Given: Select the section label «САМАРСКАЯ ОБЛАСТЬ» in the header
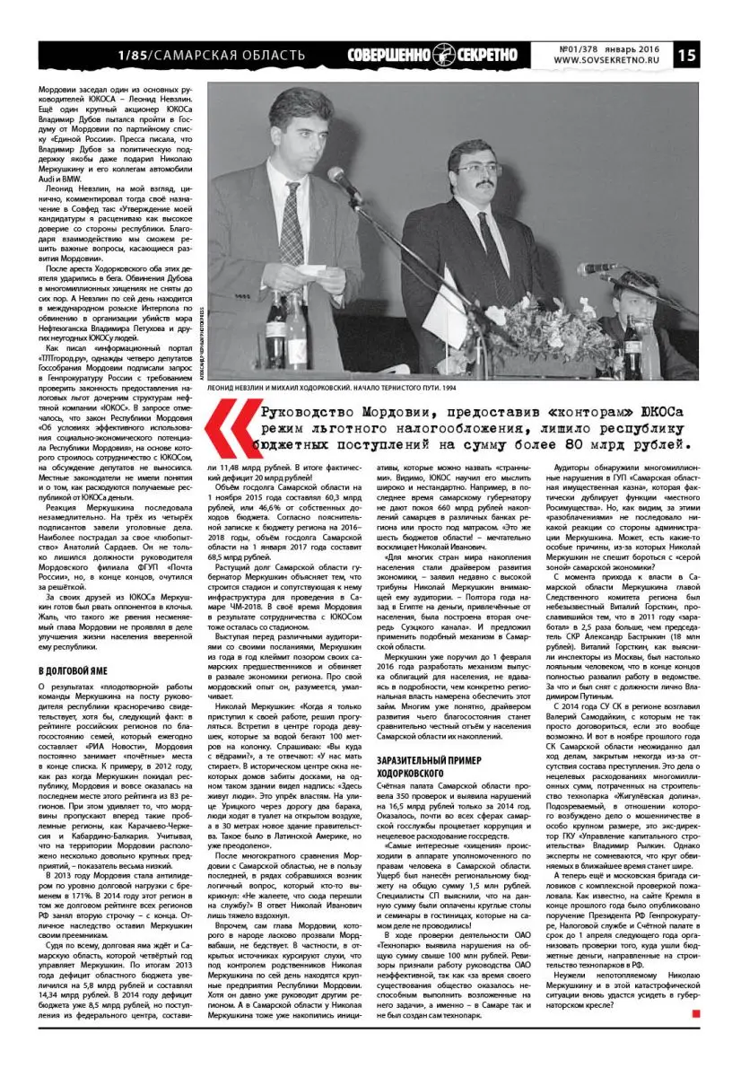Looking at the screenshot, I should point(229,56).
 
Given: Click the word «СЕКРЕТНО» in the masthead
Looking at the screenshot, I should point(486,55).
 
